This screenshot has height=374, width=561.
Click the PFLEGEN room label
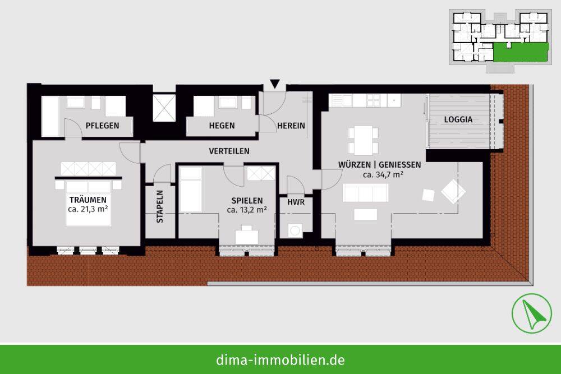pyautogui.click(x=102, y=126)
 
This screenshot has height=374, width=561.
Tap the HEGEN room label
pyautogui.click(x=222, y=126)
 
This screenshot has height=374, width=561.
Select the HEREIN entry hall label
pyautogui.click(x=291, y=126)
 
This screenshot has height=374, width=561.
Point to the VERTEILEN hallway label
pyautogui.click(x=229, y=151)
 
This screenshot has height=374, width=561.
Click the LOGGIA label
pyautogui.click(x=458, y=119)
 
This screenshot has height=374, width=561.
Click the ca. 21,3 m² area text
pyautogui.click(x=88, y=210)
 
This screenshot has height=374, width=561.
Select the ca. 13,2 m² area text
pyautogui.click(x=246, y=210)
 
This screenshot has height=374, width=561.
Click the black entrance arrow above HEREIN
pyautogui.click(x=274, y=85)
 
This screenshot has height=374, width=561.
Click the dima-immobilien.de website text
pyautogui.click(x=280, y=359)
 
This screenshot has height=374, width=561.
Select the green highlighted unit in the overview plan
pyautogui.click(x=520, y=52)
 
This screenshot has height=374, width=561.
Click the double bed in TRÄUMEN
pyautogui.click(x=88, y=202)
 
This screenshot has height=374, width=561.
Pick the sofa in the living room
pyautogui.click(x=365, y=193)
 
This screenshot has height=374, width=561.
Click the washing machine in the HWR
pyautogui.click(x=295, y=229)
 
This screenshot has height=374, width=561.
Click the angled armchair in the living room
pyautogui.click(x=453, y=191)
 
